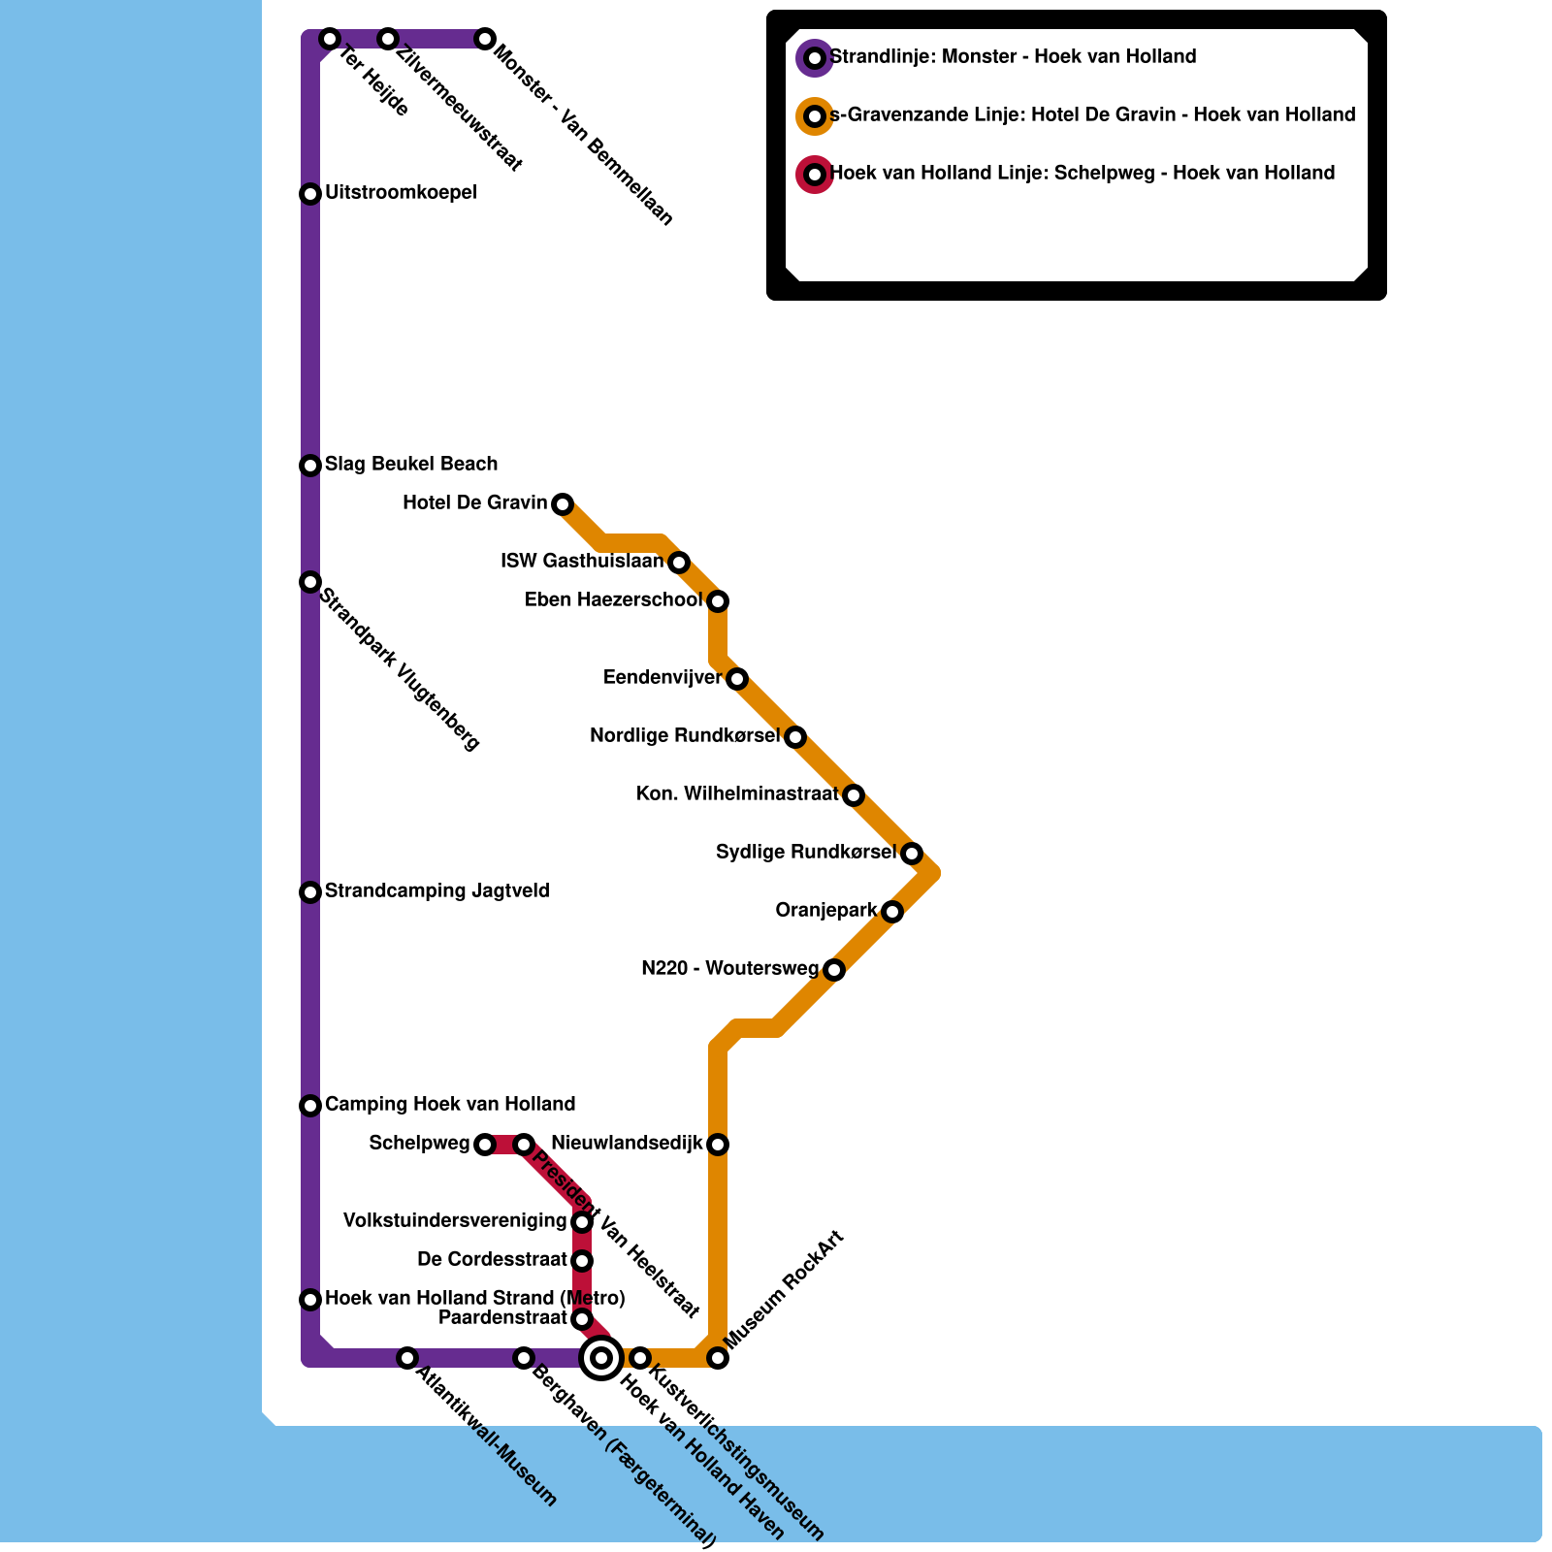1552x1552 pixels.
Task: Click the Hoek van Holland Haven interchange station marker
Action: click(601, 1357)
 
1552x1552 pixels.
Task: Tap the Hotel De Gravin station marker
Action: click(563, 504)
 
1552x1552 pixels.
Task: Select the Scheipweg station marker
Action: click(485, 1145)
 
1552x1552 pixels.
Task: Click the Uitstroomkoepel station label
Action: click(401, 193)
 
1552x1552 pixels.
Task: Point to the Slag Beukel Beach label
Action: click(411, 465)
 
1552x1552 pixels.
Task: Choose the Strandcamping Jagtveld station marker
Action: click(310, 892)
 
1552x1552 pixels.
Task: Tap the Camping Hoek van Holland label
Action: click(450, 1105)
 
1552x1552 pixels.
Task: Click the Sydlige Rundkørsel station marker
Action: click(912, 854)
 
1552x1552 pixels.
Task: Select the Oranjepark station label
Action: click(826, 911)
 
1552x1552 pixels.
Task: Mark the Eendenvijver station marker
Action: click(737, 679)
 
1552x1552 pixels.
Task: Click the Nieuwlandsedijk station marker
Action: click(718, 1145)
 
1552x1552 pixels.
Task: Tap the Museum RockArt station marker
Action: click(718, 1358)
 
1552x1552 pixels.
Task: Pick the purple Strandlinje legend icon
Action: click(815, 58)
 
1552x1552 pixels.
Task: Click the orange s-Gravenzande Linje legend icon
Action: click(815, 116)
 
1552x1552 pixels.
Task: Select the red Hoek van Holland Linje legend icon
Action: click(815, 175)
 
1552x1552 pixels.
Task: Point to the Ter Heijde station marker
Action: click(330, 39)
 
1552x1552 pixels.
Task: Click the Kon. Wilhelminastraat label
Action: click(737, 794)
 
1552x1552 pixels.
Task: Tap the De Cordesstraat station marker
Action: click(582, 1261)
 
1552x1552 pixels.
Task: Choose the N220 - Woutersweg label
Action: click(730, 969)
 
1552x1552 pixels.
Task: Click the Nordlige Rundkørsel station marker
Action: click(795, 737)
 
